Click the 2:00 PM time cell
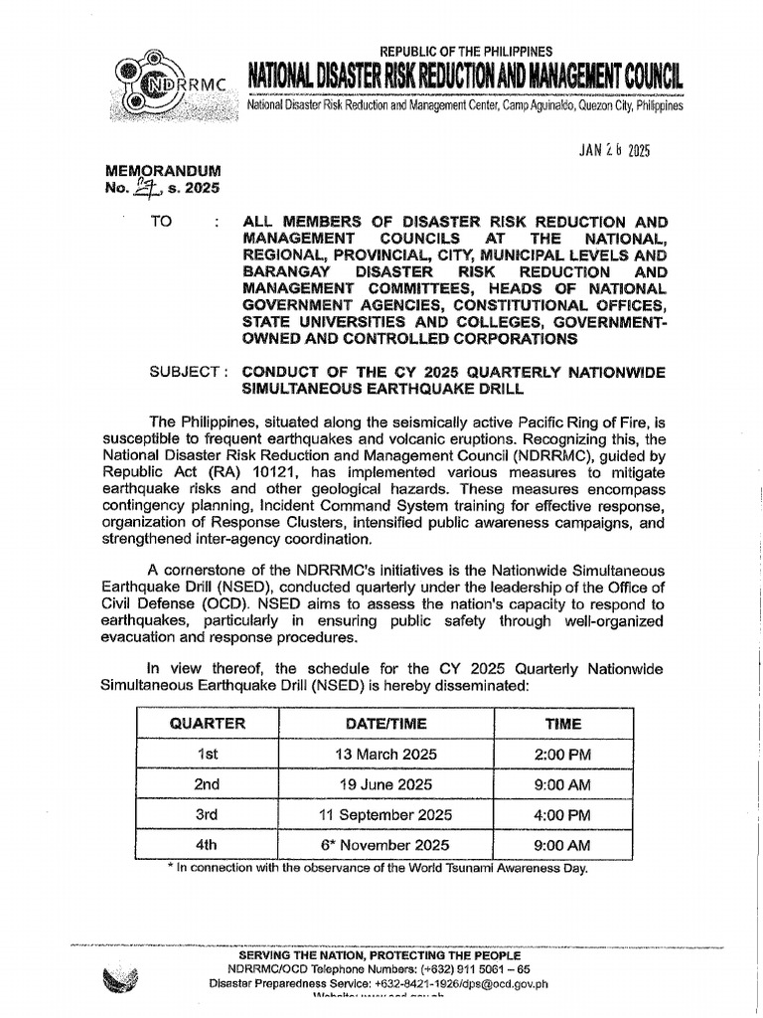click(562, 755)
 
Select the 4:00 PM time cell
click(562, 814)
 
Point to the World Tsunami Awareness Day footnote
click(378, 868)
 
